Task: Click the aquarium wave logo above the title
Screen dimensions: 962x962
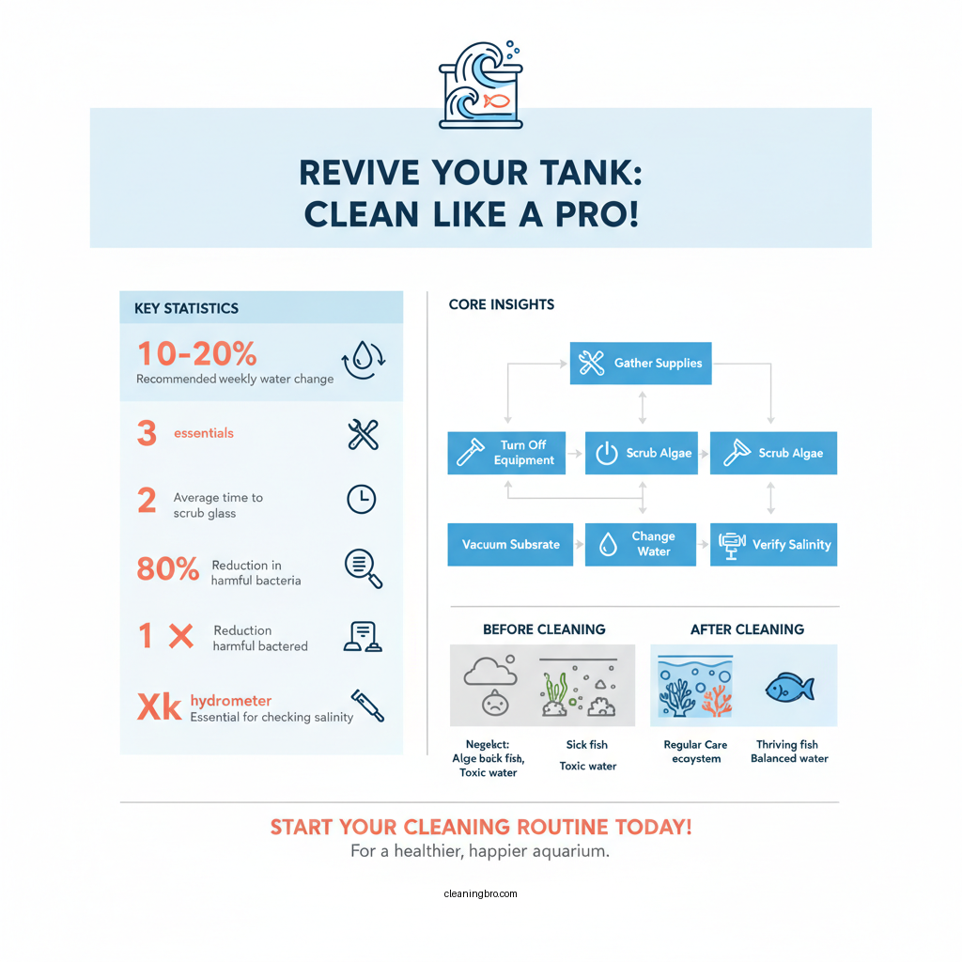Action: [x=480, y=85]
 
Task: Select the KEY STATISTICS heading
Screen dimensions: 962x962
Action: [x=179, y=308]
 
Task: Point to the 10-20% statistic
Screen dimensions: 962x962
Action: [x=197, y=354]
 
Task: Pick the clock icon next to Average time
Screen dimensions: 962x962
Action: [x=362, y=499]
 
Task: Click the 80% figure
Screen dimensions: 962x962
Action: [x=168, y=568]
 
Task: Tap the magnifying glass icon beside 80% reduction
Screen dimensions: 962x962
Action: [x=363, y=567]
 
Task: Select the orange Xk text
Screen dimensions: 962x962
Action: [x=159, y=707]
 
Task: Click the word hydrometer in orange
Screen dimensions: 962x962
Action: [x=231, y=701]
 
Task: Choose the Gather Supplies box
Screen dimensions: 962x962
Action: [x=641, y=364]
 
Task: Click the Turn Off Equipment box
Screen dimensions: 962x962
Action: [x=506, y=453]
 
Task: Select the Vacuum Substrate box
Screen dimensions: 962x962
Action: [x=510, y=545]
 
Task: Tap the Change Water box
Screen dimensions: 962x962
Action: [x=641, y=545]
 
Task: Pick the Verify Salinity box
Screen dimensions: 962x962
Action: [x=773, y=545]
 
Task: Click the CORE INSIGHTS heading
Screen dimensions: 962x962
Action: [x=502, y=304]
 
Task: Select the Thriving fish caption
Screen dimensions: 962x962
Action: [x=787, y=744]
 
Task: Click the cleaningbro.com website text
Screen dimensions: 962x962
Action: [x=480, y=893]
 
